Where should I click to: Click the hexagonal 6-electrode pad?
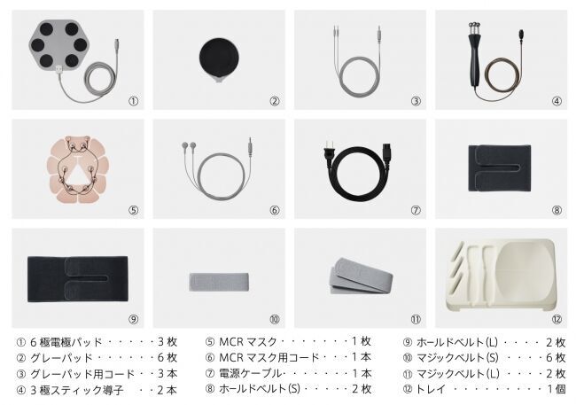pos(58,44)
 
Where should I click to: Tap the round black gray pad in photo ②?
pos(219,58)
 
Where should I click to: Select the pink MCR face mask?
pos(77,170)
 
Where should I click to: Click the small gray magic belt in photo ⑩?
pos(219,282)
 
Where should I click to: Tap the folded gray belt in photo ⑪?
pos(361,276)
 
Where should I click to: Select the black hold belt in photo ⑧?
pos(499,168)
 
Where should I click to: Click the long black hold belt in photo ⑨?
pos(77,279)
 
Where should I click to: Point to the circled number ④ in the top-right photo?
pos(557,101)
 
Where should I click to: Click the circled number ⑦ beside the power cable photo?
pos(416,210)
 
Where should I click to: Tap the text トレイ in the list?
pos(431,389)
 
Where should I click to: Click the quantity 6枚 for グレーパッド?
pos(167,357)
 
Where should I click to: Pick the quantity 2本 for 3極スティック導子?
pos(167,390)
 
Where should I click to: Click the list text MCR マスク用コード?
pos(269,357)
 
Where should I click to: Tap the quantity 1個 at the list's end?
pos(557,389)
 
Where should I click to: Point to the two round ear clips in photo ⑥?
pos(189,145)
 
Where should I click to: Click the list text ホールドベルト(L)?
pos(457,343)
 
